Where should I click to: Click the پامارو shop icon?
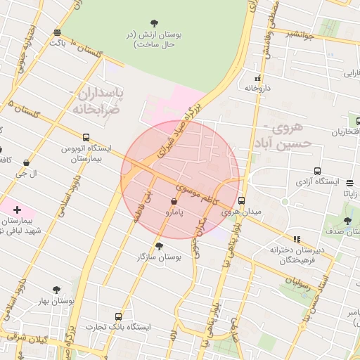click(x=174, y=201)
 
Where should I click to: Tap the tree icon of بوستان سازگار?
click(x=159, y=246)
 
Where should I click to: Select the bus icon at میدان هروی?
click(x=242, y=200)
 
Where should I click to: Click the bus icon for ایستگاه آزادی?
click(x=318, y=171)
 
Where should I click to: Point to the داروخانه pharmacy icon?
click(x=258, y=78)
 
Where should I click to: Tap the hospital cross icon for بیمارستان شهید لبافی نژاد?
click(x=18, y=210)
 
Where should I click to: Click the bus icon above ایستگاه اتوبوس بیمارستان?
click(x=86, y=138)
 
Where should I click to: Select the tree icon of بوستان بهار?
click(x=56, y=289)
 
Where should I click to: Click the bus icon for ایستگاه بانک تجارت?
click(x=117, y=316)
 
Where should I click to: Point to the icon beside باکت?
click(x=57, y=32)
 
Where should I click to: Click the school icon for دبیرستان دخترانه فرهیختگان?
click(x=296, y=239)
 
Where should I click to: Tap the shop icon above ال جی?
click(x=27, y=162)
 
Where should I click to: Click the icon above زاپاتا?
click(x=350, y=183)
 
